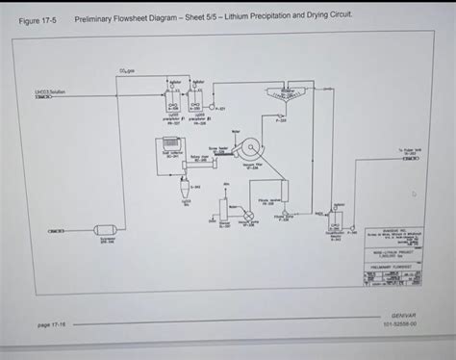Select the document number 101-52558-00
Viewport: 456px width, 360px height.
[x=403, y=325]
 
